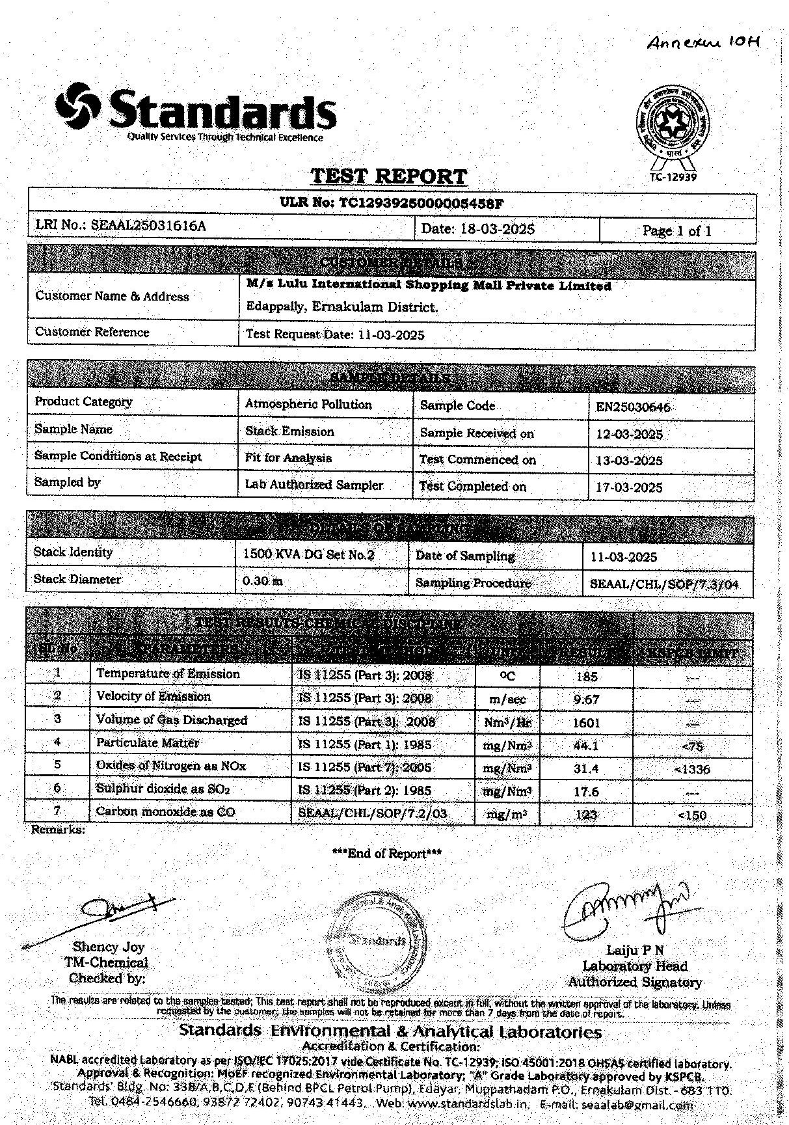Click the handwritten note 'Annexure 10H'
pyautogui.click(x=703, y=42)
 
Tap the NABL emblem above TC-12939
pyautogui.click(x=672, y=125)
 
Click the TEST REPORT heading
pyautogui.click(x=388, y=176)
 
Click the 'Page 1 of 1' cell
pyautogui.click(x=676, y=231)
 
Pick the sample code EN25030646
pyautogui.click(x=633, y=407)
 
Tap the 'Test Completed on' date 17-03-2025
pyautogui.click(x=629, y=487)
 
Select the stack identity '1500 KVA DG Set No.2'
pyautogui.click(x=308, y=555)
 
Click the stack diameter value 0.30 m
pyautogui.click(x=262, y=580)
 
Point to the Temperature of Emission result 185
pyautogui.click(x=586, y=677)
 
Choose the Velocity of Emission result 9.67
pyautogui.click(x=586, y=699)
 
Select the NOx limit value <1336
pyautogui.click(x=692, y=770)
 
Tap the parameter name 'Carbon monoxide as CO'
pyautogui.click(x=165, y=811)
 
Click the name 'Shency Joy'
pyautogui.click(x=109, y=947)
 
